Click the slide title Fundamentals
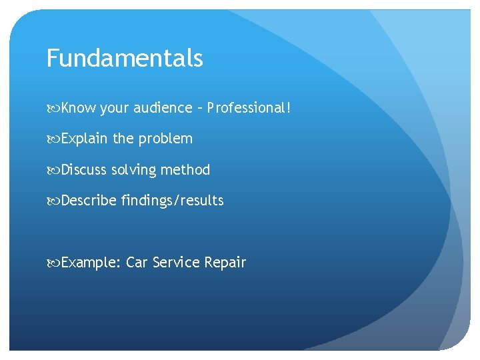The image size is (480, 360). click(125, 59)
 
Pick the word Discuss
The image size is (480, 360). click(84, 170)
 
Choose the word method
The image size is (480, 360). click(185, 170)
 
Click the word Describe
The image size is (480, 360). click(89, 201)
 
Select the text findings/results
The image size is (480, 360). click(173, 201)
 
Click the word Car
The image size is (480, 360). click(137, 263)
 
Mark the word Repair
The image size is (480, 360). click(225, 263)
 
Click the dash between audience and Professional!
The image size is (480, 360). click(199, 109)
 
